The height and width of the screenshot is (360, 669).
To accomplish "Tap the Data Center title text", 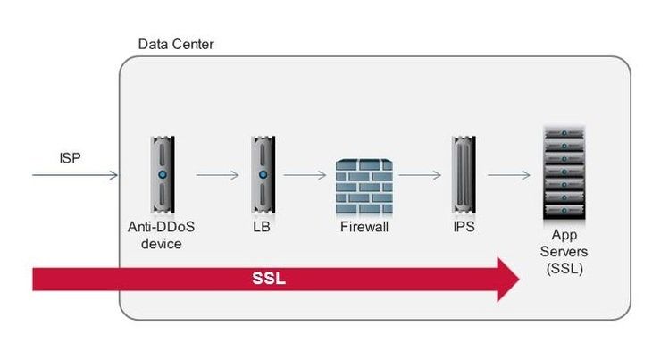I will (x=176, y=45).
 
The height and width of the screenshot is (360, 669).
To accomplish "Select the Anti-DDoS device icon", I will (x=162, y=173).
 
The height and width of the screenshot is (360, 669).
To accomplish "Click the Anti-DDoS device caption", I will (x=162, y=235).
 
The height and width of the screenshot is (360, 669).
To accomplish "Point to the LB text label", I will (x=261, y=228).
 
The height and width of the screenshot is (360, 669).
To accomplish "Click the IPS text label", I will (x=464, y=228).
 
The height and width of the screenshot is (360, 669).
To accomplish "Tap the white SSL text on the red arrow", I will (x=269, y=278).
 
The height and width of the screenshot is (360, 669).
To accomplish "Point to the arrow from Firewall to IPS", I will (x=421, y=174).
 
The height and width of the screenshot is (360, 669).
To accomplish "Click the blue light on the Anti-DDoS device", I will (x=162, y=173).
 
